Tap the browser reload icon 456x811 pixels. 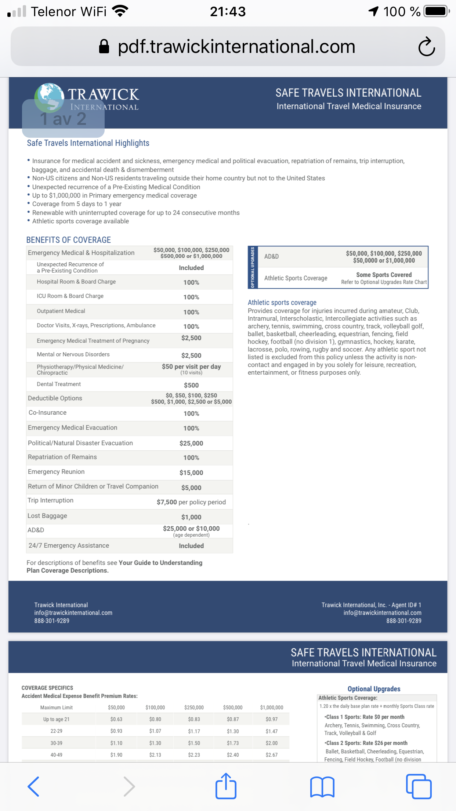click(x=427, y=47)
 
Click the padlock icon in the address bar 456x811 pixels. click(x=104, y=47)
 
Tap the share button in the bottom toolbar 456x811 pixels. click(x=226, y=786)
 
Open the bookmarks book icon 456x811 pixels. click(x=322, y=787)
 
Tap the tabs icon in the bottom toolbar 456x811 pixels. click(x=419, y=786)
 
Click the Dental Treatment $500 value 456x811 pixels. click(x=191, y=385)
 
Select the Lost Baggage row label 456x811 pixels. click(x=47, y=516)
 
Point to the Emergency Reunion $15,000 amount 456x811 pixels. click(x=191, y=473)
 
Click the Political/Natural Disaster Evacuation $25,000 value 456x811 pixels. click(x=191, y=443)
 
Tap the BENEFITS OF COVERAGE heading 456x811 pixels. click(x=69, y=240)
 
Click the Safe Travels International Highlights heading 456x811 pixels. click(x=88, y=143)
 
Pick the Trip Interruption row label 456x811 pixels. click(x=51, y=500)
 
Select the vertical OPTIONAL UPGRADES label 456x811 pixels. click(x=253, y=267)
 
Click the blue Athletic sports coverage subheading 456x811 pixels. click(x=282, y=302)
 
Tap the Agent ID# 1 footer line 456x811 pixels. click(x=371, y=605)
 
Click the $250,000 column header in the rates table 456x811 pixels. click(x=194, y=707)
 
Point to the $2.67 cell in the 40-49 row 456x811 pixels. click(x=272, y=755)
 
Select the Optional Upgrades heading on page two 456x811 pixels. click(x=374, y=689)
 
